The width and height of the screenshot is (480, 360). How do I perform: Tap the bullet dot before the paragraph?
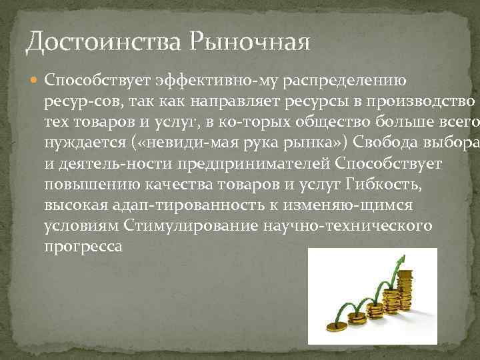click(x=33, y=81)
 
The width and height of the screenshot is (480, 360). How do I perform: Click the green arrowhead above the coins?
click(x=401, y=257)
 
